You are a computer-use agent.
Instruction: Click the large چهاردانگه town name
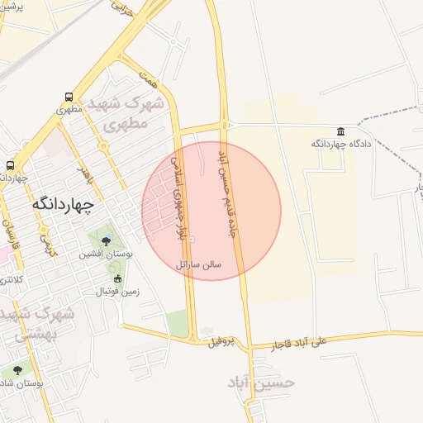tap(63, 203)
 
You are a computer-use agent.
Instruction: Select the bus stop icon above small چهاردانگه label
tap(10, 165)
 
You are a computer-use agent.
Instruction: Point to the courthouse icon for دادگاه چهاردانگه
tap(341, 131)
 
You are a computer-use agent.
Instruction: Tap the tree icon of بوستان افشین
tap(106, 241)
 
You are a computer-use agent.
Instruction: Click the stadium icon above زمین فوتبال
tap(118, 279)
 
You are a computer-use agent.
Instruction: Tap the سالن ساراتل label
tap(197, 265)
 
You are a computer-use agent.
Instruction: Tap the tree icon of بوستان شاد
tap(17, 370)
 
